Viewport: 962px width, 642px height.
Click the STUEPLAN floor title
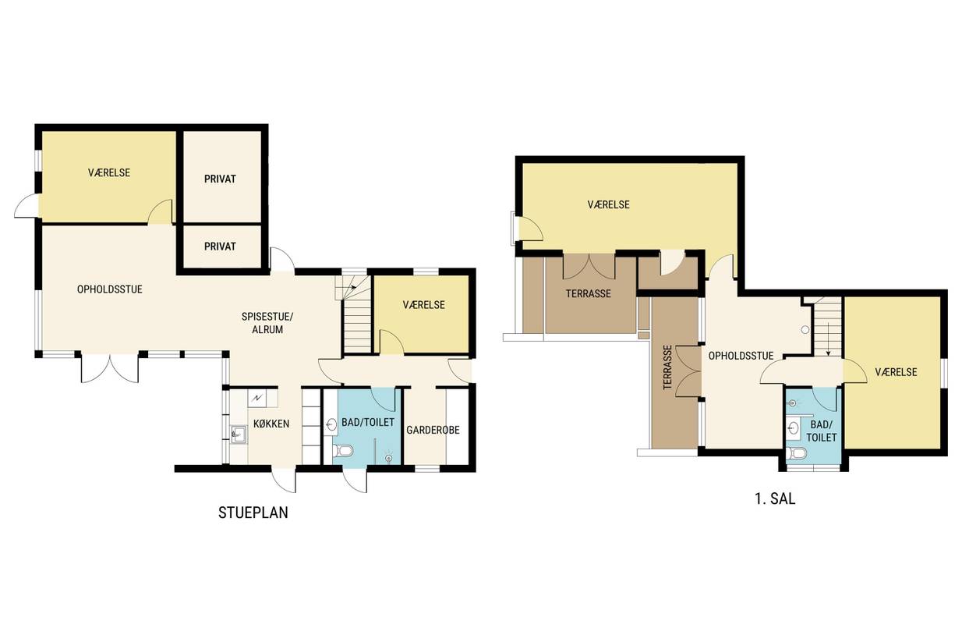coord(253,513)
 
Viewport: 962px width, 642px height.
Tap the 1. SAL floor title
coord(775,498)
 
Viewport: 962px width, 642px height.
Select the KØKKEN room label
coord(271,424)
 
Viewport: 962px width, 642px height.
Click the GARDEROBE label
coord(433,430)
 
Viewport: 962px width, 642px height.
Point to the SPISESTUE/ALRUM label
coord(267,323)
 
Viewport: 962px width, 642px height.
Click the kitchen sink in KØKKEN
coord(239,435)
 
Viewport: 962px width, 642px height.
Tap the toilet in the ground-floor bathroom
coord(343,451)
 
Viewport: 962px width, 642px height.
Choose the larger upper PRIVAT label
coord(220,179)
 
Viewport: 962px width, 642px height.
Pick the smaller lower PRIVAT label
coord(220,247)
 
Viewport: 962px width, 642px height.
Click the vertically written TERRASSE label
coord(667,367)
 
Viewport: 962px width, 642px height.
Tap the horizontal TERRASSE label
coord(588,294)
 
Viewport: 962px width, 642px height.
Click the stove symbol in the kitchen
coord(256,399)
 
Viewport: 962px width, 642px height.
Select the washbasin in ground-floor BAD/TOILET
coord(331,425)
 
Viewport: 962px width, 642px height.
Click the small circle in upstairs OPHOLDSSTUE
coord(805,330)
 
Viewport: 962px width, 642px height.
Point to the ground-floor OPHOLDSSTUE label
coord(109,289)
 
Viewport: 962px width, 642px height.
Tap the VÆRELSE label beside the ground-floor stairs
coord(423,305)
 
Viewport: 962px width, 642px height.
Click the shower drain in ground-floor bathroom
coord(389,458)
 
